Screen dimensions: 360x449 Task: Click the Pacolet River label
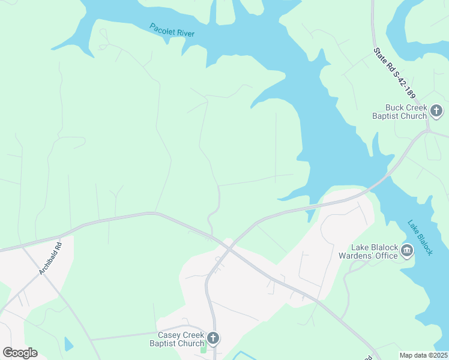coord(172,29)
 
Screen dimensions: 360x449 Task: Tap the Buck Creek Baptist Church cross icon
coord(436,111)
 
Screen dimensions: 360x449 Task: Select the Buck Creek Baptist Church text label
coord(398,112)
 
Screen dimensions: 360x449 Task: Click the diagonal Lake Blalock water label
coord(420,238)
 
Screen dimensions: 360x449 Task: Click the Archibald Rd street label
coord(50,259)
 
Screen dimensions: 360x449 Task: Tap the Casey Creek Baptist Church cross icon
coord(212,338)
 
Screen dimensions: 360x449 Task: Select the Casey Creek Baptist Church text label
coord(181,339)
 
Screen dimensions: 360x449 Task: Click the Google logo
coord(20,353)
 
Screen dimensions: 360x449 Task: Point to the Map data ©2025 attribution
coord(423,355)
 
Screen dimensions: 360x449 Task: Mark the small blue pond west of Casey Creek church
coord(68,344)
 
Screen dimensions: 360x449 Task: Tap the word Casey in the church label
coord(169,335)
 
